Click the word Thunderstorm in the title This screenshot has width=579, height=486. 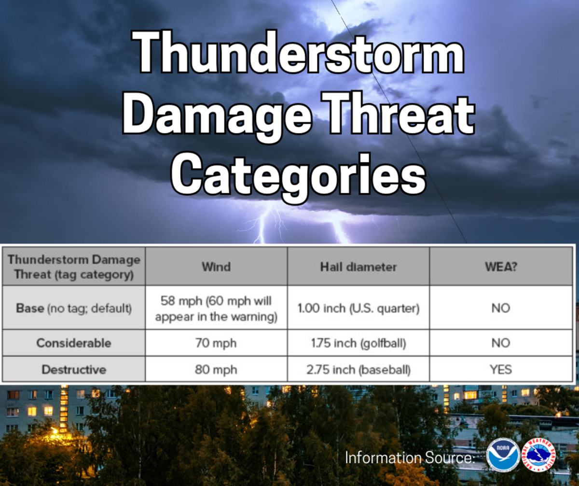(298, 52)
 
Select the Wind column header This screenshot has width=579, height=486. (216, 267)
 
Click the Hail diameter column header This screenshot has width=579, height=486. (358, 267)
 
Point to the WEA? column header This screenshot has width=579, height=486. (501, 267)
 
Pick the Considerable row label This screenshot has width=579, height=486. (74, 343)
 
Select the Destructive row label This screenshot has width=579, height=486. (74, 370)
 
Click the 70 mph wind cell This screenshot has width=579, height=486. (216, 343)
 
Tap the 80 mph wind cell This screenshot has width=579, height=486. (216, 370)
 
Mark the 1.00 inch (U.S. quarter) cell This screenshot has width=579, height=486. (358, 308)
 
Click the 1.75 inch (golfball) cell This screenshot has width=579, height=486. (358, 343)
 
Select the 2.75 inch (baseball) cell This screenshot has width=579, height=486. (358, 370)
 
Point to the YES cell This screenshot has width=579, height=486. (501, 370)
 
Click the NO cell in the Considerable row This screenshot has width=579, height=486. (501, 343)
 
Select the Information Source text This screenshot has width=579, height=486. (410, 457)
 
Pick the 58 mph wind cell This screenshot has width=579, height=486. (216, 308)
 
